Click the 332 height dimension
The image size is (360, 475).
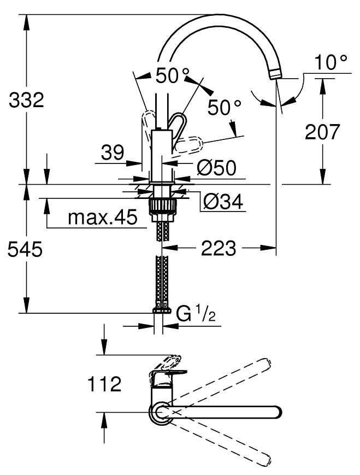pyautogui.click(x=26, y=100)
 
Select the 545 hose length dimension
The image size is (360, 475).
pyautogui.click(x=25, y=250)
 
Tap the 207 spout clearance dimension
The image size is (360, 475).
pyautogui.click(x=322, y=132)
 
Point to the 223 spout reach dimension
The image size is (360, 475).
pyautogui.click(x=219, y=248)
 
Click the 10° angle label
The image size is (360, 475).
pyautogui.click(x=331, y=62)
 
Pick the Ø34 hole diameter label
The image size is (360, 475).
pyautogui.click(x=223, y=202)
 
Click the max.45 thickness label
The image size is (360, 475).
pyautogui.click(x=102, y=217)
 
